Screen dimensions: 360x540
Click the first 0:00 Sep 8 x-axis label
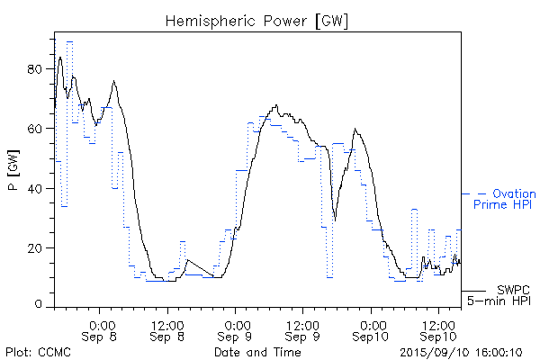click(101, 329)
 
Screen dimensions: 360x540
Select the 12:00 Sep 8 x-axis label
click(167, 329)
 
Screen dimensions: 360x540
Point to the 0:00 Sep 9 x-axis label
click(235, 329)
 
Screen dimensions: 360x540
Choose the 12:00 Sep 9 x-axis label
click(302, 329)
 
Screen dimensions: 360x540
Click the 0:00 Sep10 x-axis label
click(370, 329)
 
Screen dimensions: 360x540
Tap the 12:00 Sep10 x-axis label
click(437, 329)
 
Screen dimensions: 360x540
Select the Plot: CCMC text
click(36, 352)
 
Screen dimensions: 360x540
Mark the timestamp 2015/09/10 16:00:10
click(460, 352)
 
